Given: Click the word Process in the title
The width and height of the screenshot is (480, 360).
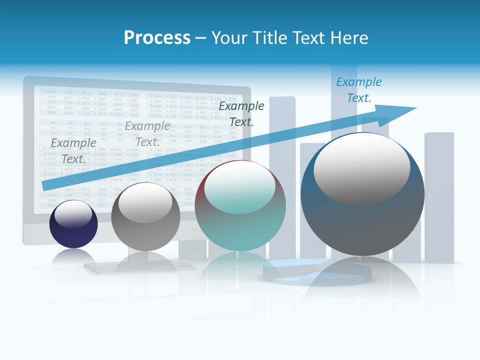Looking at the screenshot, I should tap(157, 38).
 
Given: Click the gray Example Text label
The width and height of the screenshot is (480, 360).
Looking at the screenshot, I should tap(73, 151).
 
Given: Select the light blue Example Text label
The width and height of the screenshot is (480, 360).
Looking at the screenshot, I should tap(358, 90).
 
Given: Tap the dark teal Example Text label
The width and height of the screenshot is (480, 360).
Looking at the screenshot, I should tap(241, 114).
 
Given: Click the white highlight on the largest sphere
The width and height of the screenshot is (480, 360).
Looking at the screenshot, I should tap(362, 167).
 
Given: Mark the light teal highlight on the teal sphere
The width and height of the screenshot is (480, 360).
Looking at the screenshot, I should tap(240, 187).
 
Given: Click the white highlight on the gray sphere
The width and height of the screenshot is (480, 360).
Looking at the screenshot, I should tap(145, 202).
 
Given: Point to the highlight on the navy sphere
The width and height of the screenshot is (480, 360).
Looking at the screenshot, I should tap(73, 214).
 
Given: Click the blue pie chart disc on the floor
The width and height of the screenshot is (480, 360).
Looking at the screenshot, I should tap(317, 272).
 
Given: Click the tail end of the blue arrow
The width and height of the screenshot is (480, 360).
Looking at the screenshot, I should tap(46, 186).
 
